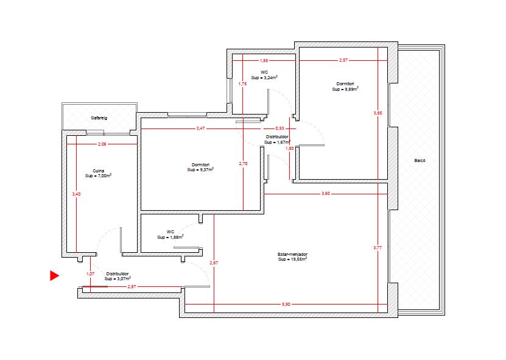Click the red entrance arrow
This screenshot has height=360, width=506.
[x=54, y=275]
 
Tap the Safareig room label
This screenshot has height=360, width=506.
[x=99, y=118]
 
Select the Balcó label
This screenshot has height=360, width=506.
[x=420, y=160]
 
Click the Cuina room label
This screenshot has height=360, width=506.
[x=99, y=171]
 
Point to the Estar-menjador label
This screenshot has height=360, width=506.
[x=292, y=254]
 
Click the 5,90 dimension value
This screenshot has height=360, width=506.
[x=286, y=304]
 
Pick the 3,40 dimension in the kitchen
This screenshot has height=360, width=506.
[x=76, y=194]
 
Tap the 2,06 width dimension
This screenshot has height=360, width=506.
[x=102, y=144]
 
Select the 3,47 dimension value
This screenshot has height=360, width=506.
[x=200, y=129]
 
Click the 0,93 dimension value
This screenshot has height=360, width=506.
[x=279, y=129]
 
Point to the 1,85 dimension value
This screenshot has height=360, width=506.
[x=264, y=61]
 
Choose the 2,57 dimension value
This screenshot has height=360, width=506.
[x=343, y=60]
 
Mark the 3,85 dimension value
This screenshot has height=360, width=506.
[x=378, y=113]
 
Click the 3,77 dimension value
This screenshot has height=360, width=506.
[x=378, y=248]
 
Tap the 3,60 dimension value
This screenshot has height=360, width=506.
[x=326, y=194]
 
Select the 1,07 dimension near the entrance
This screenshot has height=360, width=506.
[x=90, y=274]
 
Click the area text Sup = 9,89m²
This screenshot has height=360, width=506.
[x=345, y=89]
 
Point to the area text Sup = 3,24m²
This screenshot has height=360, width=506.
[x=264, y=77]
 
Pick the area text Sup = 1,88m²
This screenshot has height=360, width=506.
[x=170, y=237]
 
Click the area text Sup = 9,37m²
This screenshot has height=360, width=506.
[x=200, y=169]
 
